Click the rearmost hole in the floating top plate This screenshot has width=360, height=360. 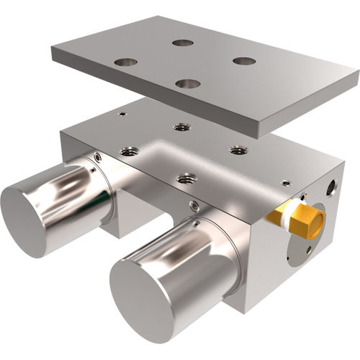click(183, 43)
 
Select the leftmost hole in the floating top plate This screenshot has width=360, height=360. click(125, 62)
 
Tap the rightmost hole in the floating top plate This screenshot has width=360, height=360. click(244, 61)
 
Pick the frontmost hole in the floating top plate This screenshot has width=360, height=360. click(187, 84)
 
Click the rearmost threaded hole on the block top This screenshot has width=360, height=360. click(181, 127)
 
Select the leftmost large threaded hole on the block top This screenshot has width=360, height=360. click(130, 152)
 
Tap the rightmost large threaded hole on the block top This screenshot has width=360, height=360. click(238, 150)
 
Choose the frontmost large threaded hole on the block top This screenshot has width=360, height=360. click(186, 176)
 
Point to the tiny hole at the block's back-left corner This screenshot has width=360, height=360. click(123, 114)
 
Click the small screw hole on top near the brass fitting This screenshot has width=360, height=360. click(286, 183)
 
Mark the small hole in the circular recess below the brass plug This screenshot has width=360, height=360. click(309, 249)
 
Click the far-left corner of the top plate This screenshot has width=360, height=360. click(52, 49)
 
